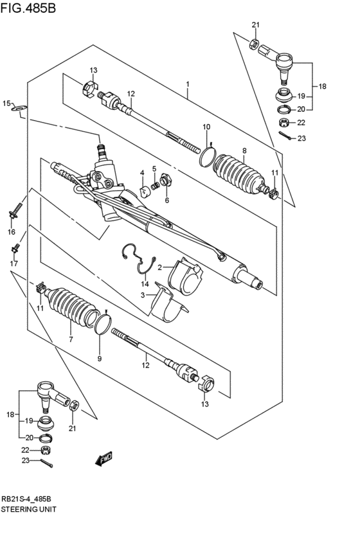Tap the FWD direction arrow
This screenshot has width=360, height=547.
[x=103, y=458]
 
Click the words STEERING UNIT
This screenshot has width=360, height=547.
[x=28, y=508]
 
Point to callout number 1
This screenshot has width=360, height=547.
[x=188, y=84]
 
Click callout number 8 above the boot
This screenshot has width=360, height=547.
[x=244, y=151]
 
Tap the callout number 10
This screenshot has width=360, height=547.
[x=206, y=126]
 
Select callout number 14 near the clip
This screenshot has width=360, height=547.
[x=145, y=283]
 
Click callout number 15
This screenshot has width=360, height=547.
[x=6, y=103]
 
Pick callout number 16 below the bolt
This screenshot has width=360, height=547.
[x=11, y=231]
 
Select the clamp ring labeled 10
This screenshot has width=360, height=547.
[x=208, y=156]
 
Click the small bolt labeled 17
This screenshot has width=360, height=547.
[x=15, y=247]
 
